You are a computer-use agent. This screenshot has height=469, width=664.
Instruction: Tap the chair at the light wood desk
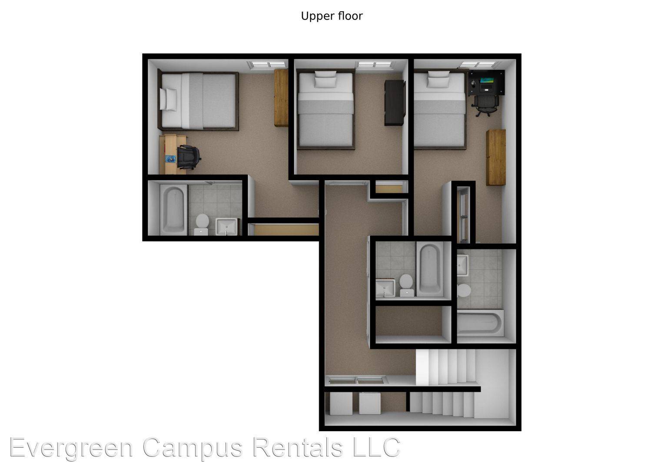[x=188, y=157]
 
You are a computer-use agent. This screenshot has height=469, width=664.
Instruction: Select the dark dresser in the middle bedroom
[x=395, y=102]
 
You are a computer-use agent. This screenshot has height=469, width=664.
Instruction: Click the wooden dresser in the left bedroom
[x=281, y=98]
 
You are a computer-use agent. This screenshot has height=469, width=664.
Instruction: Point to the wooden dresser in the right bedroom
[x=496, y=157]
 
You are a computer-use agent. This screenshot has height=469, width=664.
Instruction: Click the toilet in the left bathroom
[x=202, y=224]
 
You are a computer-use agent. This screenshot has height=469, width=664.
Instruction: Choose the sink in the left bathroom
[x=226, y=227]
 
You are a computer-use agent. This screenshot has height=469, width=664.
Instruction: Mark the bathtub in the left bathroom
[x=173, y=210]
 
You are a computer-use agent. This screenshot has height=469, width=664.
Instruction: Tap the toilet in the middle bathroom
[x=406, y=285]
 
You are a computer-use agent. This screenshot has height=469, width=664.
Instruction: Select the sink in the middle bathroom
[x=385, y=287]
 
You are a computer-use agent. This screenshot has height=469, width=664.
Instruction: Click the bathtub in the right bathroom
[x=480, y=323]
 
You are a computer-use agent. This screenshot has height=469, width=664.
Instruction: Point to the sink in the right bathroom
[x=462, y=265]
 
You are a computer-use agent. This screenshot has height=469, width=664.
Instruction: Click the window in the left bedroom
[x=267, y=65]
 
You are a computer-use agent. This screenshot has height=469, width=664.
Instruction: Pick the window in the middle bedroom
[x=375, y=65]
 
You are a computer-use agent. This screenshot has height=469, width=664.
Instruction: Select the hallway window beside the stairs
[x=357, y=380]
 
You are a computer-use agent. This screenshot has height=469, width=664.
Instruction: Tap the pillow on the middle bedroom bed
[x=325, y=79]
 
